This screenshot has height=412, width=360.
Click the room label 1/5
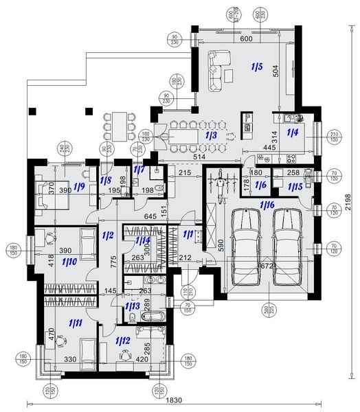(256, 67)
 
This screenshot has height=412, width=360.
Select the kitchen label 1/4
(292, 132)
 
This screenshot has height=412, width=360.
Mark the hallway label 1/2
(107, 236)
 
